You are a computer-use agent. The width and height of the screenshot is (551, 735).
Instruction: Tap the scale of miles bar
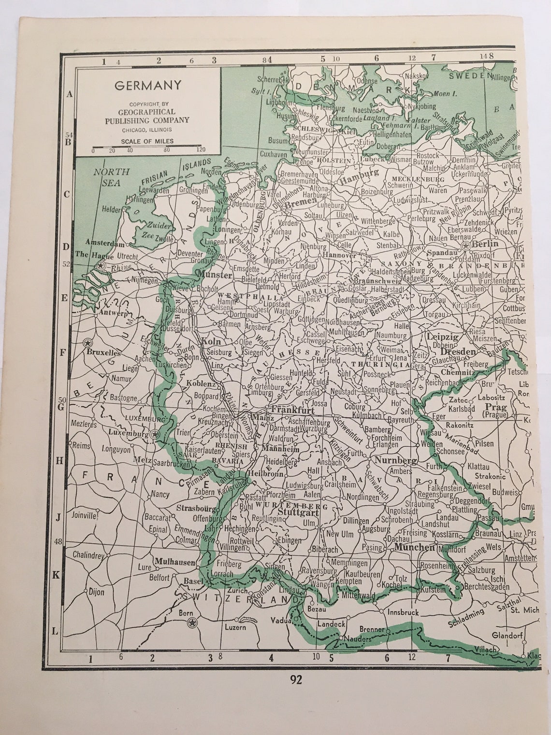tap(148, 146)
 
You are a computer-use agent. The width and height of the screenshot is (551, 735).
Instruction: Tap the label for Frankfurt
tap(293, 410)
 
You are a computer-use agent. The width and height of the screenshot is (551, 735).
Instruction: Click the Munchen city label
tap(414, 547)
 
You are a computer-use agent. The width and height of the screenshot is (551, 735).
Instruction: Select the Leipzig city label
tap(442, 337)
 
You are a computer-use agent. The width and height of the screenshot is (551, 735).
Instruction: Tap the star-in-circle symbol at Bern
tap(192, 622)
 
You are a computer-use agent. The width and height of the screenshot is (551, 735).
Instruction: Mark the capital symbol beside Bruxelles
tap(87, 343)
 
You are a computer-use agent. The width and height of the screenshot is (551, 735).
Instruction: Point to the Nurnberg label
tap(395, 460)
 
